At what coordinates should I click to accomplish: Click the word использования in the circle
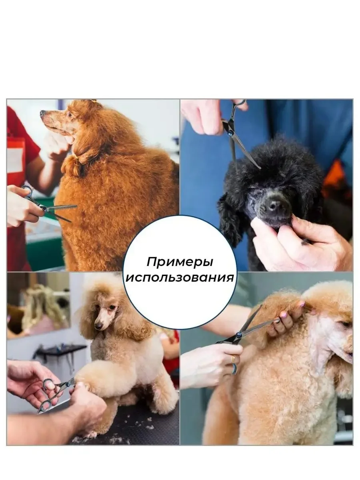[180, 278]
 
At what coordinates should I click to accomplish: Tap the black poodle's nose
[274, 204]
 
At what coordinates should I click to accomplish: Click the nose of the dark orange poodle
[42, 113]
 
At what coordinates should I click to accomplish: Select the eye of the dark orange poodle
[70, 114]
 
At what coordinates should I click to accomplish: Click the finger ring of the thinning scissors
[28, 192]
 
